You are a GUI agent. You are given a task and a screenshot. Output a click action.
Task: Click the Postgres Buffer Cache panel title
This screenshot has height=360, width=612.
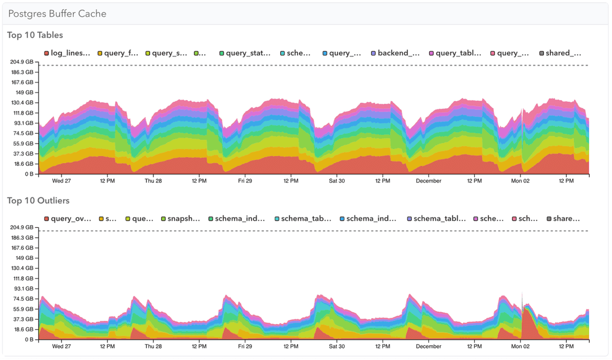pos(57,14)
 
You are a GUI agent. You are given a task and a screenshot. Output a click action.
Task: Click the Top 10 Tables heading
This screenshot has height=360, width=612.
pos(35,35)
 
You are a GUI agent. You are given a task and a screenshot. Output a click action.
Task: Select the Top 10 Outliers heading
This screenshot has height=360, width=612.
pos(38,201)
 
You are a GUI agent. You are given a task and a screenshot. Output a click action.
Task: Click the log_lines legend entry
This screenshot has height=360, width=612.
pos(67,53)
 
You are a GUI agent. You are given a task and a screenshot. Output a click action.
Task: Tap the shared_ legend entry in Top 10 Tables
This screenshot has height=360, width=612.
pos(560,53)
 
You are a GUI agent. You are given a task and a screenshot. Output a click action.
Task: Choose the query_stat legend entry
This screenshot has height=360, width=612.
pos(245,53)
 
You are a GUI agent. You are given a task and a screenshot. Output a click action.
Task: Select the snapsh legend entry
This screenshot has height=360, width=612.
pos(181,219)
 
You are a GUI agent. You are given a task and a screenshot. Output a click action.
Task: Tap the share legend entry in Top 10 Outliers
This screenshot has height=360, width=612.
pos(563,219)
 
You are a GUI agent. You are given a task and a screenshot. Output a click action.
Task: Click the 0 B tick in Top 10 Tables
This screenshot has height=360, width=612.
pos(28,175)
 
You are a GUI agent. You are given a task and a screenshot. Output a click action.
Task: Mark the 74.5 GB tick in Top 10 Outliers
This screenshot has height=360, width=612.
pos(24,299)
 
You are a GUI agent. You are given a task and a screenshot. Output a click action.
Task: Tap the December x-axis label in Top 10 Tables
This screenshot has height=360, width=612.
pos(429,181)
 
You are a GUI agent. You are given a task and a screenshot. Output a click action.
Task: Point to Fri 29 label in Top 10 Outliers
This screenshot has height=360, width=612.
pos(245,346)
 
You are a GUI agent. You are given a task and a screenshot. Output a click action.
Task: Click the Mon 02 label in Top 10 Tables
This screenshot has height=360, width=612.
pos(521,181)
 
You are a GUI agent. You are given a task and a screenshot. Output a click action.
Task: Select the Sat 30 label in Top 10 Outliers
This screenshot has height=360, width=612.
pos(337,346)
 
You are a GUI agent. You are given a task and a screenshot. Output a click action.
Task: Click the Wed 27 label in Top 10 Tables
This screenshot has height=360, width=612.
pos(61,181)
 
